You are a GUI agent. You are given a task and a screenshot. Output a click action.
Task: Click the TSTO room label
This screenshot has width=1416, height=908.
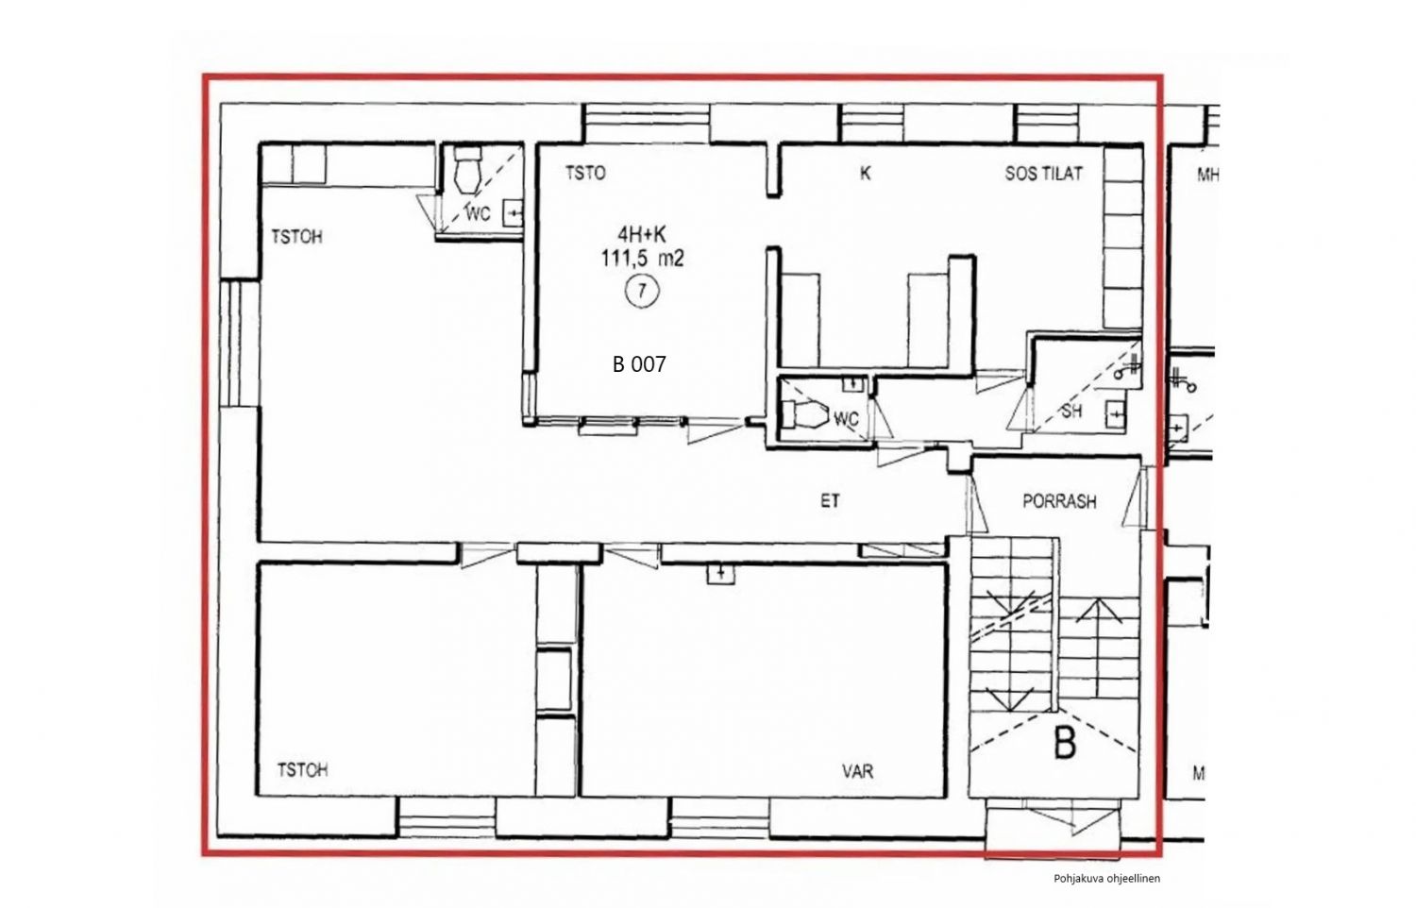[x=585, y=173]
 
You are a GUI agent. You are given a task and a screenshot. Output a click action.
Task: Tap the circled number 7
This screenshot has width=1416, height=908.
[x=642, y=292]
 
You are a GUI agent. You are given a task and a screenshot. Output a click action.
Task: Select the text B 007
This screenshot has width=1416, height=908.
[x=639, y=364]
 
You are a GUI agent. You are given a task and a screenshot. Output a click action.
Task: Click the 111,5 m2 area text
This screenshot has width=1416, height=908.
[x=642, y=259]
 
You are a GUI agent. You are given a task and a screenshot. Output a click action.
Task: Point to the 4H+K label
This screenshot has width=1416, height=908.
[x=642, y=234]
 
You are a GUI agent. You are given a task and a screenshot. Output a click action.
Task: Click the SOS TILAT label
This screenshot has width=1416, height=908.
[x=1044, y=173]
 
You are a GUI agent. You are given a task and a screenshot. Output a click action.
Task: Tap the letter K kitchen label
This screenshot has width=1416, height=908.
[x=866, y=173]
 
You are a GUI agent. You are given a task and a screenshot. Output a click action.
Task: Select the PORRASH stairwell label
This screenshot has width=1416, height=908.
[x=1059, y=502]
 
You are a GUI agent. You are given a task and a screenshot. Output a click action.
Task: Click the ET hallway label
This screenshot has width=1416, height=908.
[x=830, y=501]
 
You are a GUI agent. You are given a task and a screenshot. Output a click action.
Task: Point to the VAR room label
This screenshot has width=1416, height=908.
[x=857, y=771]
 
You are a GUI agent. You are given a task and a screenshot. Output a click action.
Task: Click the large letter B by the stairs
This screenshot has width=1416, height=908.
[x=1065, y=744]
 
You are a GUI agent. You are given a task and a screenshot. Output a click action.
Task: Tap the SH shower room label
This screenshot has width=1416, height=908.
[x=1071, y=412]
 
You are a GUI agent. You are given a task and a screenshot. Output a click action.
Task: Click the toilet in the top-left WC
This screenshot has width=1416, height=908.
[x=468, y=170]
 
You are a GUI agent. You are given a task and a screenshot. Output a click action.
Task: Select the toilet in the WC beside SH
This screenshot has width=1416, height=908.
[x=804, y=414]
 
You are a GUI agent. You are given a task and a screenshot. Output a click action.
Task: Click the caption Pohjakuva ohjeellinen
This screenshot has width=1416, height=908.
[x=1106, y=879]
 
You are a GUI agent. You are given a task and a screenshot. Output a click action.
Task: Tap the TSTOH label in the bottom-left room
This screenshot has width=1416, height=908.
[x=302, y=769]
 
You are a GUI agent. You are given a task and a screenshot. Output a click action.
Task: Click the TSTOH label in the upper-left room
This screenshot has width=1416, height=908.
[x=296, y=236]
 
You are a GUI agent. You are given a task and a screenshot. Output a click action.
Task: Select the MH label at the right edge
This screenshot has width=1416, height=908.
[x=1207, y=175]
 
